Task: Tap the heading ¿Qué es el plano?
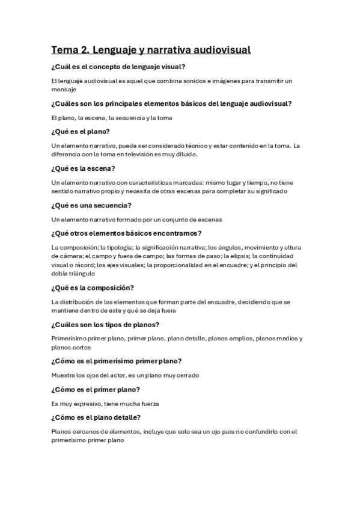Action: point(84,131)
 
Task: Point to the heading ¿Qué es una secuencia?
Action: point(92,205)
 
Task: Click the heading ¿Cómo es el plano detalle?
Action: point(103,417)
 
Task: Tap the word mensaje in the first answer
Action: point(64,89)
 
